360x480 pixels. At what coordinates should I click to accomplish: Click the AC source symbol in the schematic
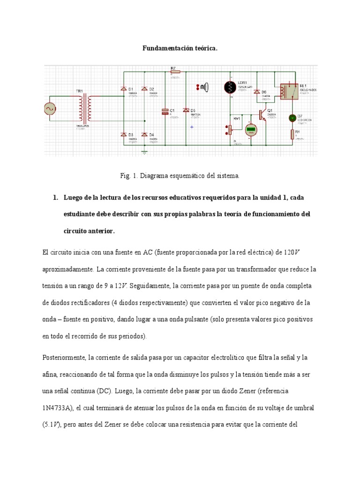49,109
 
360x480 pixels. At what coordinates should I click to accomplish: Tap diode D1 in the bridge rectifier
124,89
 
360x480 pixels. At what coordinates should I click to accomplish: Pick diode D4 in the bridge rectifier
144,135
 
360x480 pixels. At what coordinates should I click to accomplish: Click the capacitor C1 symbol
165,112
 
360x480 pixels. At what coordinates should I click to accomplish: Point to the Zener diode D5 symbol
186,110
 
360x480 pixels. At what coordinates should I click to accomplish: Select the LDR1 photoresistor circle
230,87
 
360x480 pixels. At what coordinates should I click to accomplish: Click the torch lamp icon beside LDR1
204,86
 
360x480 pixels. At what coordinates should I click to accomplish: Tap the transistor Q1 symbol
262,115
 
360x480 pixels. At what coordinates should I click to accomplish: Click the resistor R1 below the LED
292,135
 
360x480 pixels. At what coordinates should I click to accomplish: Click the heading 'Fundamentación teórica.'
180,48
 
